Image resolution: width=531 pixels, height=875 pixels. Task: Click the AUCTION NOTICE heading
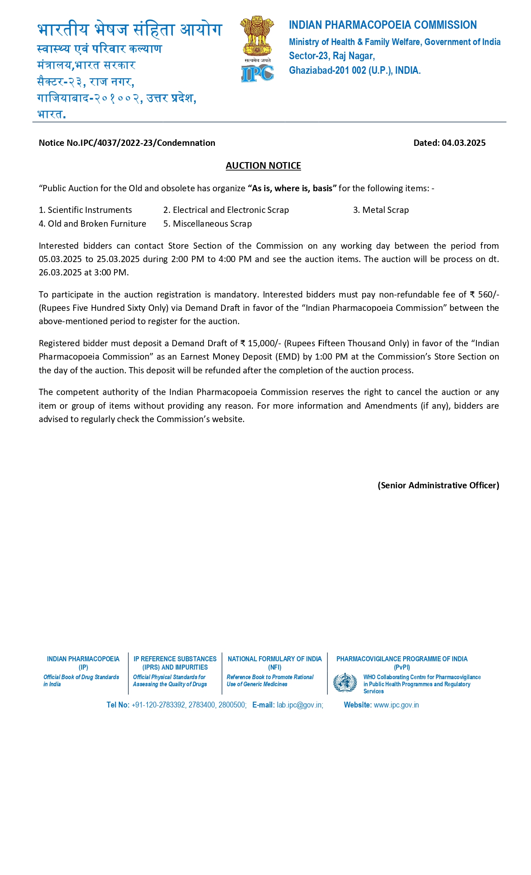pyautogui.click(x=263, y=165)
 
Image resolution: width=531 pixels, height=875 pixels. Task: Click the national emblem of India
pyautogui.click(x=257, y=36)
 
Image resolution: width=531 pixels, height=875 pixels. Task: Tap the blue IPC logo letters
pyautogui.click(x=257, y=74)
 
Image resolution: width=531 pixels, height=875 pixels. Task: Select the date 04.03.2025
pyautogui.click(x=464, y=143)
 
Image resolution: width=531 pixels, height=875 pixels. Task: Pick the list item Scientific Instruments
pyautogui.click(x=90, y=210)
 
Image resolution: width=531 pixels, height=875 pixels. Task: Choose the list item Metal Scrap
pyautogui.click(x=385, y=210)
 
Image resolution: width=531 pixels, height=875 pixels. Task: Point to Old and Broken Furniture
pyautogui.click(x=97, y=224)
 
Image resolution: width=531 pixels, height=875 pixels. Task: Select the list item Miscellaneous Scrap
pyautogui.click(x=212, y=224)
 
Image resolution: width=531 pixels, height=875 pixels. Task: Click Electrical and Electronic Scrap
pyautogui.click(x=230, y=210)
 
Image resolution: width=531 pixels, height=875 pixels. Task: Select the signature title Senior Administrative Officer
pyautogui.click(x=438, y=485)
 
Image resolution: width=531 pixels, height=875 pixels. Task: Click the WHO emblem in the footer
pyautogui.click(x=345, y=683)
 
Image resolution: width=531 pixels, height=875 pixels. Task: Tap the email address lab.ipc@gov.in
pyautogui.click(x=300, y=705)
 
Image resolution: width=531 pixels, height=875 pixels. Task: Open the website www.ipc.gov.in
pyautogui.click(x=396, y=705)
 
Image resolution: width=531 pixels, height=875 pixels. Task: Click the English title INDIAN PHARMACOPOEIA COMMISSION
pyautogui.click(x=383, y=25)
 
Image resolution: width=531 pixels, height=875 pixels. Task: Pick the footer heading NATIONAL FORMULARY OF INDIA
pyautogui.click(x=274, y=659)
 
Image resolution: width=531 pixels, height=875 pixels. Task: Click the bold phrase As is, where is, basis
pyautogui.click(x=292, y=188)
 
